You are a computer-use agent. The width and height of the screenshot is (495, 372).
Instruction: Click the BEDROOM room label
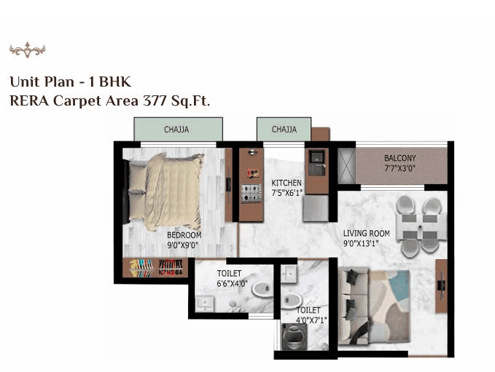184,235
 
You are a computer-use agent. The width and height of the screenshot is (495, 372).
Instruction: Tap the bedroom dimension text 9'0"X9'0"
184,245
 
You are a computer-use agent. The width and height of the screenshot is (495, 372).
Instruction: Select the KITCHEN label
287,183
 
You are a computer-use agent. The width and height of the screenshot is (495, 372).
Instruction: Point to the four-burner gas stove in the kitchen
252,193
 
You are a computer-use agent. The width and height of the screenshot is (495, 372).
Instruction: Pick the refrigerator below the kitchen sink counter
316,207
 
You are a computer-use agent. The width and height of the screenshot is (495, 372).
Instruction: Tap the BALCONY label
400,158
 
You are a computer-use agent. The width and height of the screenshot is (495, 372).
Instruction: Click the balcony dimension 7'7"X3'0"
400,168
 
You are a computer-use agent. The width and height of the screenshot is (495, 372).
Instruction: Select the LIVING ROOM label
367,234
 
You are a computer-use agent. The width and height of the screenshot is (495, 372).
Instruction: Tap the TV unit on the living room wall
441,281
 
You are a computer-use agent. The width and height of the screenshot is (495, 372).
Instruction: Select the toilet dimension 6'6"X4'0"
232,284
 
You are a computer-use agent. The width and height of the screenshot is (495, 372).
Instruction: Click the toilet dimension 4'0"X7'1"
312,319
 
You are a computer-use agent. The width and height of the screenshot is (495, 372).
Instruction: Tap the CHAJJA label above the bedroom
177,130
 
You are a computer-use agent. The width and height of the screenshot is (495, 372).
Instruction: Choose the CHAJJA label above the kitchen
284,130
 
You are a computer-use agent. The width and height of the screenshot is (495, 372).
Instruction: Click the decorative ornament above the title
27,50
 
